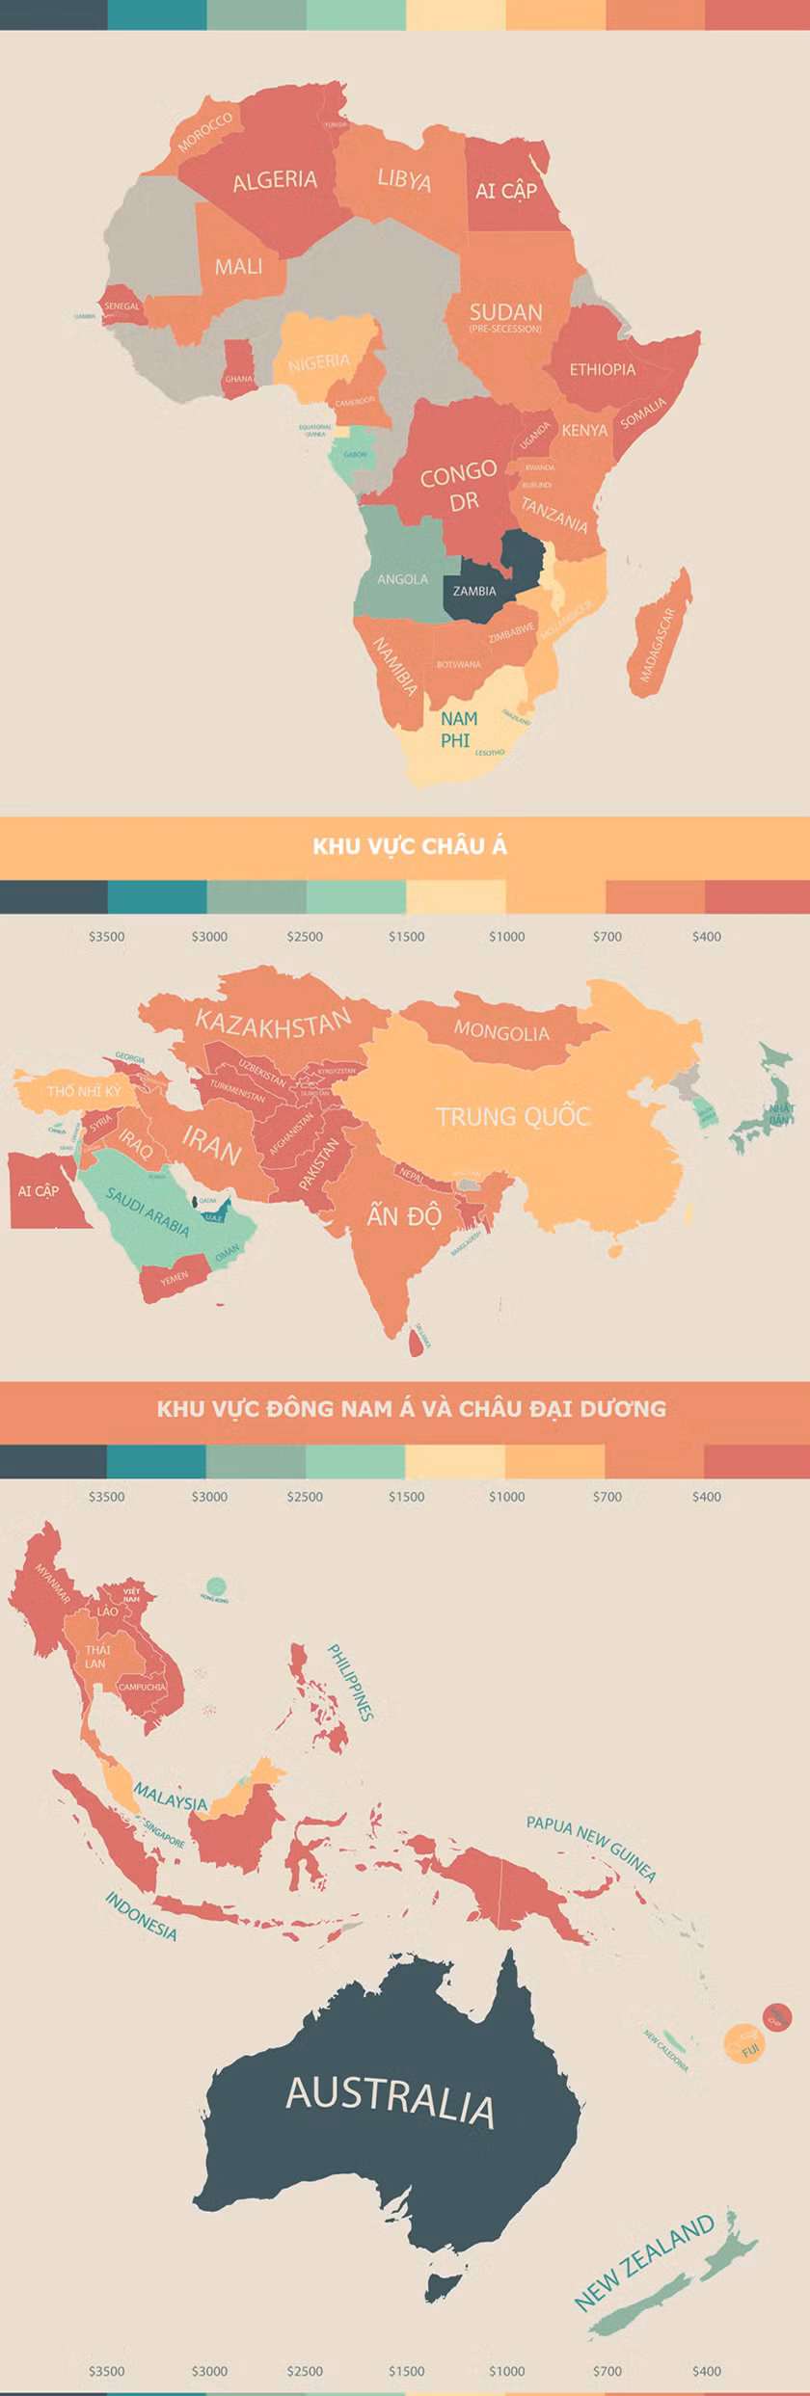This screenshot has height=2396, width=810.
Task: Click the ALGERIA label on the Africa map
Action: (275, 180)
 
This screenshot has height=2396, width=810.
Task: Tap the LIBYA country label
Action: (404, 180)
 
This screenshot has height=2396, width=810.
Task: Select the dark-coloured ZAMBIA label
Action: (473, 591)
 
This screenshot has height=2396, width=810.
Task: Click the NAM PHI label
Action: (458, 729)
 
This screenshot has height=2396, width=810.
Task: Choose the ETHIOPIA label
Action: (602, 369)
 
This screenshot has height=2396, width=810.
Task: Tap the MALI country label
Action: (238, 266)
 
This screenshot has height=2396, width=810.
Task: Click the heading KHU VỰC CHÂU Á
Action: (409, 846)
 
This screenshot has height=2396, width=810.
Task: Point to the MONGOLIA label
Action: (500, 1032)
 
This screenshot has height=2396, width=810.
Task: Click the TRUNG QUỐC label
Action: (512, 1117)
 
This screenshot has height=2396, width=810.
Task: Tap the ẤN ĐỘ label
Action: (403, 1215)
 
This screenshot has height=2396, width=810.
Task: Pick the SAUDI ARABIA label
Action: (148, 1212)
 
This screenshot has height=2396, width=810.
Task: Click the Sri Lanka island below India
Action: (417, 1341)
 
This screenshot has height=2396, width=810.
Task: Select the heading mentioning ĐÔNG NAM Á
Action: (411, 1409)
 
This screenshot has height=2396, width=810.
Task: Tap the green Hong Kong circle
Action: (216, 1586)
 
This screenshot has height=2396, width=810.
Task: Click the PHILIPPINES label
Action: (350, 1683)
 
